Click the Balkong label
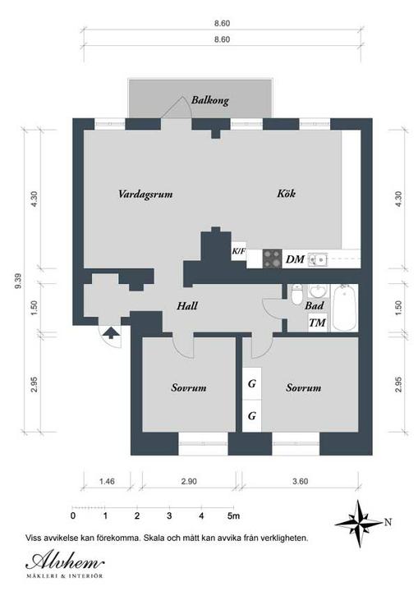209,100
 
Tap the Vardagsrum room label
145,194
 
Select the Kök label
287,194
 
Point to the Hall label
187,305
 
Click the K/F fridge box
238,250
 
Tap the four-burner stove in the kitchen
272,259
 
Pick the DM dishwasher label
295,259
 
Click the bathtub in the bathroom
345,308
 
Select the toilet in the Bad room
297,294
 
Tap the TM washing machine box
317,323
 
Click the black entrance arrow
111,332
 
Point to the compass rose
359,524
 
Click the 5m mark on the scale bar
233,515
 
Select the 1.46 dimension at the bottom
107,481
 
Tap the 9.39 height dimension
18,281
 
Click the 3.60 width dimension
301,481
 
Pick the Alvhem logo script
65,561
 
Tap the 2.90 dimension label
189,481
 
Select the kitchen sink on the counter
318,259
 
